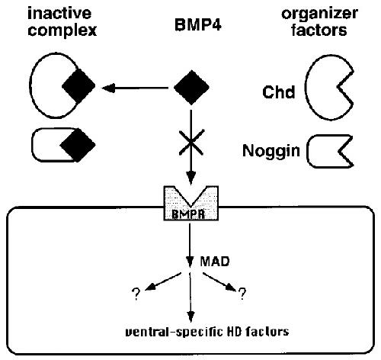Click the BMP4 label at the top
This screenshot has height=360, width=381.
pyautogui.click(x=198, y=24)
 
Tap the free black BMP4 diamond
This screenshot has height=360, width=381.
pyautogui.click(x=191, y=87)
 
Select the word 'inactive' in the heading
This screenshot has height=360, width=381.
pyautogui.click(x=59, y=13)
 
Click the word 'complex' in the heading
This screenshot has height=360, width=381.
pyautogui.click(x=62, y=31)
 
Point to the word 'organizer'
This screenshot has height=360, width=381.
pyautogui.click(x=320, y=14)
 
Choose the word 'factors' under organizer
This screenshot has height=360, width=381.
pyautogui.click(x=319, y=30)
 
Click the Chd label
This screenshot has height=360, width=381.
pyautogui.click(x=279, y=92)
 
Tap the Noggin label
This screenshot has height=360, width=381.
pyautogui.click(x=271, y=150)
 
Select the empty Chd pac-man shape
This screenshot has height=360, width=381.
pyautogui.click(x=307, y=88)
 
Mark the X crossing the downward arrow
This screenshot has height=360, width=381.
pyautogui.click(x=191, y=142)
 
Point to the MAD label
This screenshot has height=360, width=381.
pyautogui.click(x=215, y=262)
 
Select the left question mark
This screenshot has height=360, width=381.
pyautogui.click(x=136, y=294)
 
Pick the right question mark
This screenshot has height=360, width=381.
pyautogui.click(x=242, y=294)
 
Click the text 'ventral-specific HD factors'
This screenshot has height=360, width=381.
pyautogui.click(x=207, y=332)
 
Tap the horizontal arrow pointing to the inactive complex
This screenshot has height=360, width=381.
pyautogui.click(x=135, y=88)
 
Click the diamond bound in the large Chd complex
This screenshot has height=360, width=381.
pyautogui.click(x=78, y=86)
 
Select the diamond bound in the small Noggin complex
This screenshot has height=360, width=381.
pyautogui.click(x=78, y=145)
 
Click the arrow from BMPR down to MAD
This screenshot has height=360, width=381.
pyautogui.click(x=190, y=245)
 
